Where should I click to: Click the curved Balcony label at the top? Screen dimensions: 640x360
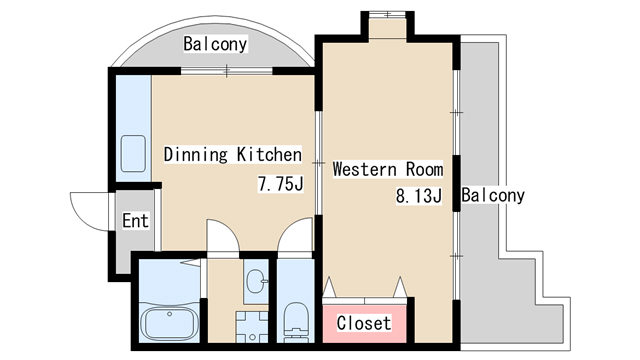pyautogui.click(x=215, y=44)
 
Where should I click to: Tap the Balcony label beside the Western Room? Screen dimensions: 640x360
pyautogui.click(x=493, y=195)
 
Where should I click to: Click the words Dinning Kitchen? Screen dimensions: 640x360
pyautogui.click(x=233, y=154)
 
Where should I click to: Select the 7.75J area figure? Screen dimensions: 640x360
pyautogui.click(x=280, y=183)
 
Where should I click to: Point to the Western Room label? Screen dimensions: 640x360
pyautogui.click(x=388, y=169)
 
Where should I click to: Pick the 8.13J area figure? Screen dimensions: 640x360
pyautogui.click(x=419, y=196)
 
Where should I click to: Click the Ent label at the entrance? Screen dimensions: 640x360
pyautogui.click(x=136, y=220)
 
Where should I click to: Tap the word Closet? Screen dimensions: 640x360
pyautogui.click(x=364, y=323)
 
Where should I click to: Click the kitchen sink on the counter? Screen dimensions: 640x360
pyautogui.click(x=133, y=153)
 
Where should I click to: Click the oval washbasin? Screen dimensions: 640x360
pyautogui.click(x=256, y=281)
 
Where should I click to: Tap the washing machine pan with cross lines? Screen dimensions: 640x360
pyautogui.click(x=251, y=327)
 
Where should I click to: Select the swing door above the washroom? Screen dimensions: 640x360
pyautogui.click(x=223, y=238)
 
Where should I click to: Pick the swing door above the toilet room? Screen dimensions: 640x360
pyautogui.click(x=295, y=238)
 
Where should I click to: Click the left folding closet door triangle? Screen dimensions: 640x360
pyautogui.click(x=329, y=287)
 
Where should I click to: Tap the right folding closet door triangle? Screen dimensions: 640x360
pyautogui.click(x=400, y=287)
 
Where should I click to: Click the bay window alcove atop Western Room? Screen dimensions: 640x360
pyautogui.click(x=387, y=28)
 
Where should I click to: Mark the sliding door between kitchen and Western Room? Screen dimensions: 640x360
pyautogui.click(x=318, y=163)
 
